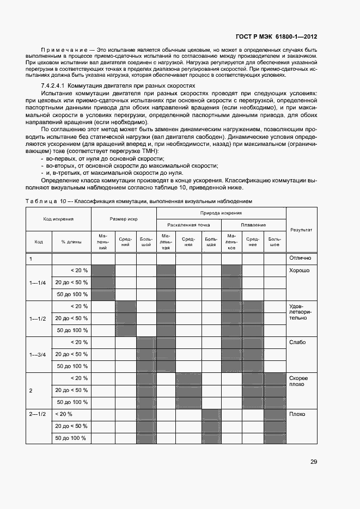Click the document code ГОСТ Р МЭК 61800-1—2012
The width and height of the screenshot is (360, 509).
coord(276,37)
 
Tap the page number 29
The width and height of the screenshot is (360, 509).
coord(314,462)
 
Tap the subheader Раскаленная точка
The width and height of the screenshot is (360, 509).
coord(189,225)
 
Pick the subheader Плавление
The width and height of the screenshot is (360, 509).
coord(253,225)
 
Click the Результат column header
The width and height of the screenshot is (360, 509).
coord(301,230)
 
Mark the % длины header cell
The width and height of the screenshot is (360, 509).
coord(71,242)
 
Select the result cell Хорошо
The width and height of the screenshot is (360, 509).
coord(300,270)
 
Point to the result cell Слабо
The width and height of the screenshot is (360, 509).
coord(298,342)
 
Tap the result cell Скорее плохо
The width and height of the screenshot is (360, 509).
coord(299,381)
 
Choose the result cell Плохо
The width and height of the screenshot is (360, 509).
coord(297,414)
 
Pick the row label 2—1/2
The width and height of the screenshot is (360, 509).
coord(38,414)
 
